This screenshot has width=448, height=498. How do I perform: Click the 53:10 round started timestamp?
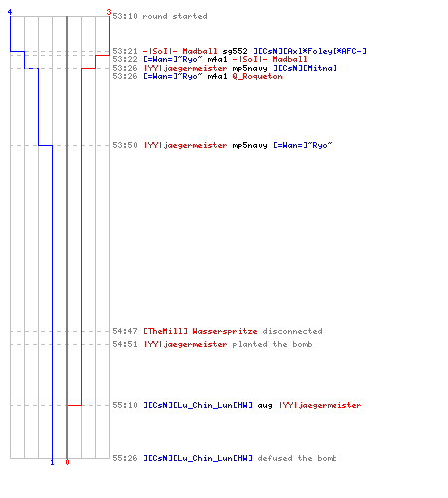point(125,16)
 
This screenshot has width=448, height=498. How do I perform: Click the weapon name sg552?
point(235,51)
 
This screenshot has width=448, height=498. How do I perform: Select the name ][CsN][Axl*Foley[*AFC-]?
point(310,51)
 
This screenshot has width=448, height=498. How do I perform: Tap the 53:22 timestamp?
point(125,59)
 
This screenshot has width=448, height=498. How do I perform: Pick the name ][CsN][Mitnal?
point(305,68)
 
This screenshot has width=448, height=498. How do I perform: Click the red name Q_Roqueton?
point(257,77)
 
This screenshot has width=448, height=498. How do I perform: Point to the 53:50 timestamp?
point(125,145)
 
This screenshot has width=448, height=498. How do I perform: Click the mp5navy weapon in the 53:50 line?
point(250,146)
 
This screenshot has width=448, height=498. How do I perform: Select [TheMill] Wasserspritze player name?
point(200,331)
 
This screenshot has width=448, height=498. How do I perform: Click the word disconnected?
point(292,331)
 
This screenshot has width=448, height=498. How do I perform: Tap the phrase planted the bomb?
point(272,344)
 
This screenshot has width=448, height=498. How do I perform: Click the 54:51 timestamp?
point(125,344)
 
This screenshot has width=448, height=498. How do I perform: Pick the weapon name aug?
point(265,406)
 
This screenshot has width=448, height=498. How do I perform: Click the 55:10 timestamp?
point(125,405)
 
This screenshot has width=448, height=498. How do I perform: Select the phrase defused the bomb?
point(297,458)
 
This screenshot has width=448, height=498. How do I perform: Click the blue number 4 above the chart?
point(10,12)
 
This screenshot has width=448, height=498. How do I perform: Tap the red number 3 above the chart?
point(109,12)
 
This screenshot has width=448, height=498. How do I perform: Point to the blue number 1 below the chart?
point(52,462)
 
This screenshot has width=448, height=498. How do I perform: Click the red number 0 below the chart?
point(67,462)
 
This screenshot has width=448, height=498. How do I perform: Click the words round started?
point(175,16)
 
